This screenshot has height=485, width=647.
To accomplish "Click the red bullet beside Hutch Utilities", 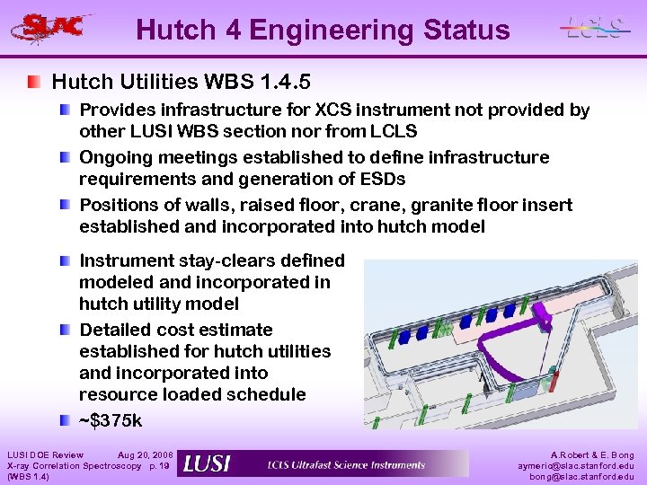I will [33, 82].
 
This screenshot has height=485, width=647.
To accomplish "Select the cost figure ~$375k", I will [111, 420].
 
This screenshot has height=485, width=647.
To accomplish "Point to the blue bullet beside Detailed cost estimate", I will [67, 330].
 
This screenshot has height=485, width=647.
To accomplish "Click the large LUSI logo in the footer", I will [206, 463].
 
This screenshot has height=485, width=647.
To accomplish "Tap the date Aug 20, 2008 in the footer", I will [146, 455].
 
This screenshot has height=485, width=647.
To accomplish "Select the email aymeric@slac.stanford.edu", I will [575, 466].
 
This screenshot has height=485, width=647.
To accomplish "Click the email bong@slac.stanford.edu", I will [581, 477].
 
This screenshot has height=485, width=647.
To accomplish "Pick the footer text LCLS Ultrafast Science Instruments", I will [346, 464].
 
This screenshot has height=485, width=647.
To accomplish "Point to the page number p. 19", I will [158, 466].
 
